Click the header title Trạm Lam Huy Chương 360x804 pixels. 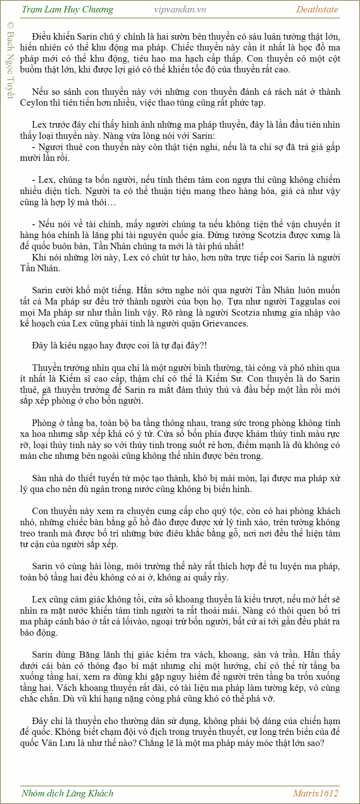[x=67, y=10]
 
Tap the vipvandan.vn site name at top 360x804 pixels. [x=180, y=10]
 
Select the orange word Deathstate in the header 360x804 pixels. [x=317, y=10]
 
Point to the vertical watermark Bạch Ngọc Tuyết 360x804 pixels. [x=10, y=60]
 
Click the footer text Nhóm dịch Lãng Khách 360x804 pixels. [x=67, y=793]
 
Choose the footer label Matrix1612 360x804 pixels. [x=315, y=793]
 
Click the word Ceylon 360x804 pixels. [x=34, y=103]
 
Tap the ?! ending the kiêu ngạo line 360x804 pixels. [x=203, y=346]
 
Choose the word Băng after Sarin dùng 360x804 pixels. [x=89, y=655]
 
